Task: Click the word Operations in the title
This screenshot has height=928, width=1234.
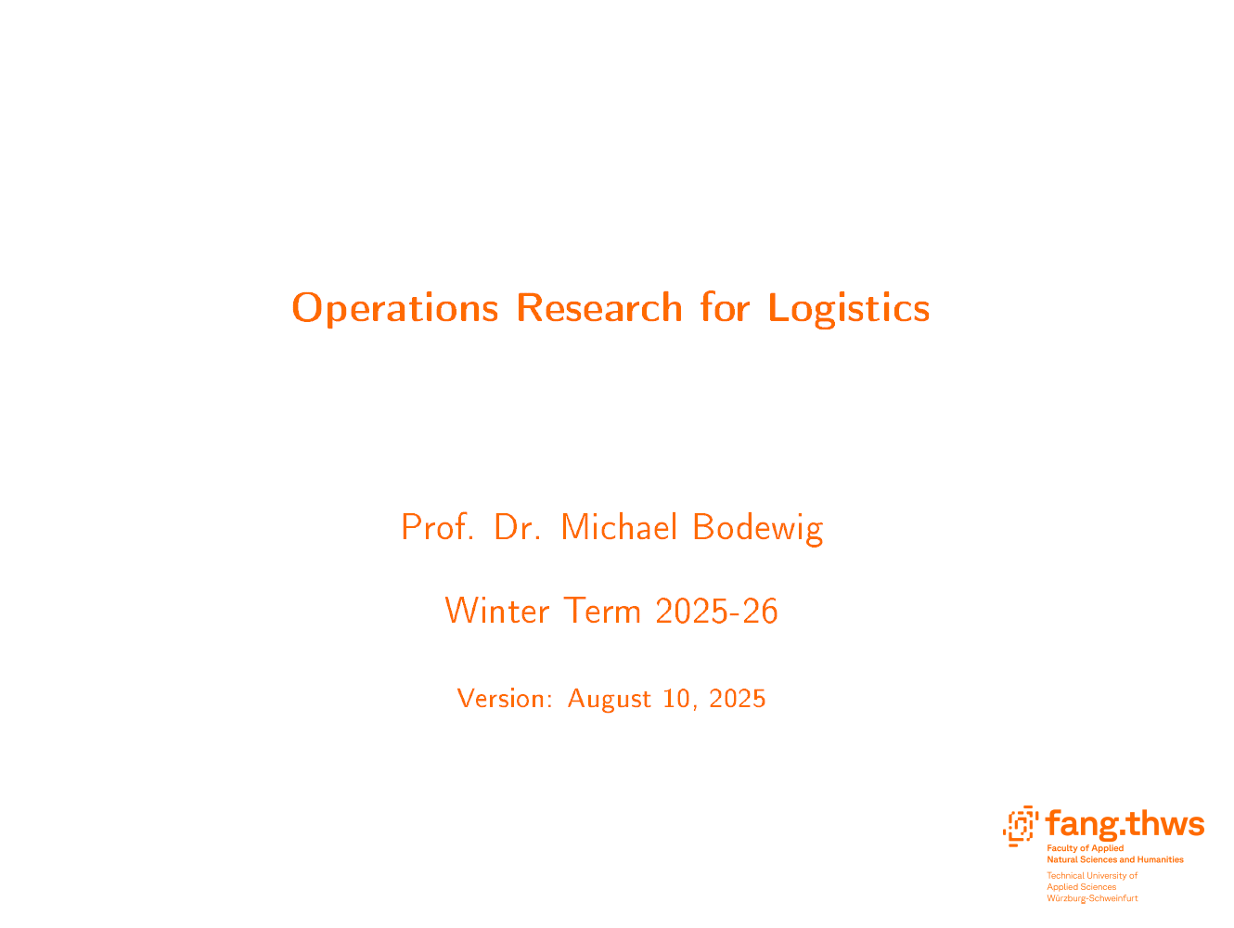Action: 394,309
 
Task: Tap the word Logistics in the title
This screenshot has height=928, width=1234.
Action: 849,309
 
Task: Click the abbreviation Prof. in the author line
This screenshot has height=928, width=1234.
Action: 437,527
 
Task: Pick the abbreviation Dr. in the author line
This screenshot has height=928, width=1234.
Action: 517,527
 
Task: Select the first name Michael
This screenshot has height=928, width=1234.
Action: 619,527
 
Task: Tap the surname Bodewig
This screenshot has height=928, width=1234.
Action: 758,528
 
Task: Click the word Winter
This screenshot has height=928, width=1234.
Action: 497,611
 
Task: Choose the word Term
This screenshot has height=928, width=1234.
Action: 602,611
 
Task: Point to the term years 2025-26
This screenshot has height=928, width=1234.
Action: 717,611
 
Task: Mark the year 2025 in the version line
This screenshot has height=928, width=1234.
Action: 737,699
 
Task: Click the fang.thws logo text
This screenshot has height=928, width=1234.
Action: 1125,825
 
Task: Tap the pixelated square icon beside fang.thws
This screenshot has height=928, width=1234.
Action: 1021,826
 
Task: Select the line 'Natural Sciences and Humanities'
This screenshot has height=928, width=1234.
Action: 1115,859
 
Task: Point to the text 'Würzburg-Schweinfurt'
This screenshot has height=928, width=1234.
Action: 1092,898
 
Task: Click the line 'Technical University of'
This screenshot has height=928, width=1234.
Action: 1092,876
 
